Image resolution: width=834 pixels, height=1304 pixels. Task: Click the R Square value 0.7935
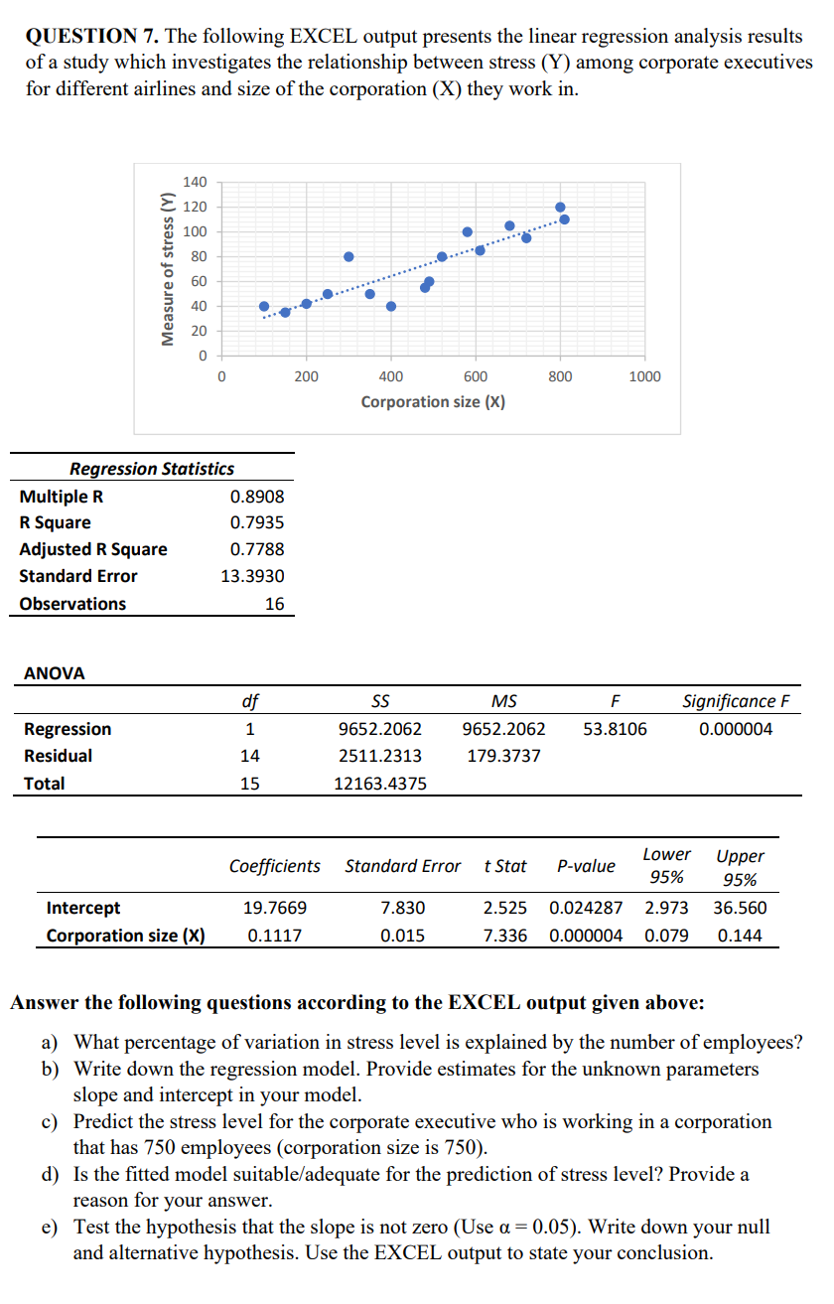click(257, 522)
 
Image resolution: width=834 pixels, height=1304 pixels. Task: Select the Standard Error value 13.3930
click(253, 576)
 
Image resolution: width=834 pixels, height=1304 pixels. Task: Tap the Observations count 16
click(274, 604)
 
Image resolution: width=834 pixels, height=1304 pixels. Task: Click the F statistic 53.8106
click(615, 729)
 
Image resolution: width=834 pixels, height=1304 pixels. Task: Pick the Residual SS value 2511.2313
click(380, 756)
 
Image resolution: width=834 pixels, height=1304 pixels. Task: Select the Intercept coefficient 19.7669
click(275, 908)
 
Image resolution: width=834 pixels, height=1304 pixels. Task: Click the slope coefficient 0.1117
click(275, 936)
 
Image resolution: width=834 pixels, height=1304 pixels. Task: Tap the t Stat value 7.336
click(504, 936)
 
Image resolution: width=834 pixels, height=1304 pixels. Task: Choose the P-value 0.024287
click(586, 908)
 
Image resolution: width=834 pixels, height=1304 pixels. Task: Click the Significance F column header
click(736, 701)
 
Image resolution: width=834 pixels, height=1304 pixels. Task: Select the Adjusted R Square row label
click(93, 549)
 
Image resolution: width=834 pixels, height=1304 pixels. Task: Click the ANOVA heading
click(54, 673)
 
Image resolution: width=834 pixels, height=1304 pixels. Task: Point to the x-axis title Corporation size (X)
click(433, 402)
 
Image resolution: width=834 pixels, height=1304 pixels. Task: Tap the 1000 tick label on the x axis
click(644, 376)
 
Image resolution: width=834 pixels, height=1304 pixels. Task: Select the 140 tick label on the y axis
click(195, 182)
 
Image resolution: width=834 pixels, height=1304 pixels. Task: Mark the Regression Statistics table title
click(152, 469)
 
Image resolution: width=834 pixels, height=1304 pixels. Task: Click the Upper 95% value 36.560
click(740, 908)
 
